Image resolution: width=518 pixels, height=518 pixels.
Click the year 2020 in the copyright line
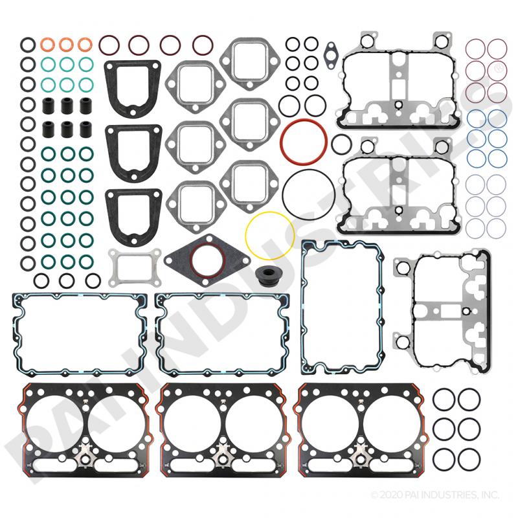396,496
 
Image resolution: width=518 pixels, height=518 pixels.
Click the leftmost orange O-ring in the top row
47,45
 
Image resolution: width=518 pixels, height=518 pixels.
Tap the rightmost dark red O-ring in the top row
203,45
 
